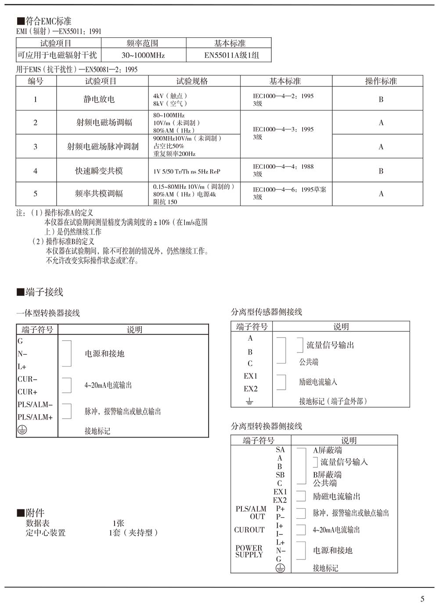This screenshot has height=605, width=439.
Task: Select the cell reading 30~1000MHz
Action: click(143, 55)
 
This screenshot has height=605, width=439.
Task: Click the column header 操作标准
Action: click(381, 81)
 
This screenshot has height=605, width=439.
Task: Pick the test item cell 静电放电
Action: click(99, 100)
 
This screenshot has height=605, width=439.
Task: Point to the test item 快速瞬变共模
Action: click(99, 171)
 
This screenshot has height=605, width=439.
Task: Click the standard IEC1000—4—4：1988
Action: click(283, 167)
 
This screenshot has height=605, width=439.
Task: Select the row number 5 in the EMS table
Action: click(36, 194)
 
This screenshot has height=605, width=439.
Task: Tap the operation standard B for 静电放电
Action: click(381, 100)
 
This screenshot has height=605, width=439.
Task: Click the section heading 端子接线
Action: click(44, 292)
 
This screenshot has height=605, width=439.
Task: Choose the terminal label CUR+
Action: click(27, 392)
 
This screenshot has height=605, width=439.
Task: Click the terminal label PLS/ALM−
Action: click(35, 405)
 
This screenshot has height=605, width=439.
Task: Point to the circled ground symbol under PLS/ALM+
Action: click(22, 430)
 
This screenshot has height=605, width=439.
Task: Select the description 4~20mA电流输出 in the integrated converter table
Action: click(108, 385)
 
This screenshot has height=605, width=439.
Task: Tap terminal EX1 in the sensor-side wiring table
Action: click(250, 376)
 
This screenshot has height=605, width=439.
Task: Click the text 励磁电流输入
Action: click(318, 382)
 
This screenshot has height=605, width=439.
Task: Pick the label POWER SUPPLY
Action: click(249, 552)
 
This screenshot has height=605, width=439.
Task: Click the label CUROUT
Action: click(249, 530)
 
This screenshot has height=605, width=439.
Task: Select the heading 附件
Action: click(35, 513)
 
